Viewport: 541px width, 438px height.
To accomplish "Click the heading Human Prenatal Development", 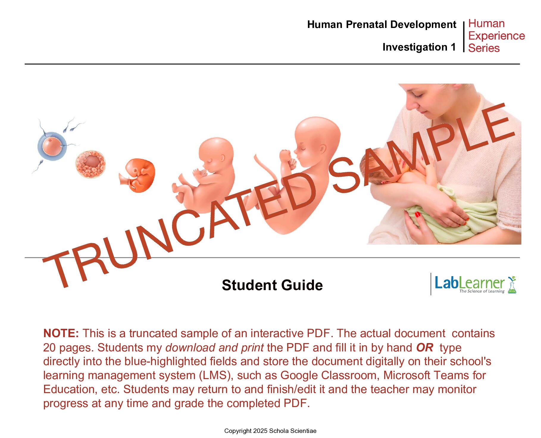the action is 381,24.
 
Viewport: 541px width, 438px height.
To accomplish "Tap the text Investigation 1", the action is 419,47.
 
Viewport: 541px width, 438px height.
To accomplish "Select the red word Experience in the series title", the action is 496,36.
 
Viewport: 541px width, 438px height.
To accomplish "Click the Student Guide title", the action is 272,285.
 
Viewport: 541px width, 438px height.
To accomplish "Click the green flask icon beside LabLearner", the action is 512,285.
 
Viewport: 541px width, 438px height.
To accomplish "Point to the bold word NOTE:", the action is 61,333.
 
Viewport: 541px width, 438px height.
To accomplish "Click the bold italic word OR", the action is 425,347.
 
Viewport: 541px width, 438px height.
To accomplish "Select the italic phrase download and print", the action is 215,347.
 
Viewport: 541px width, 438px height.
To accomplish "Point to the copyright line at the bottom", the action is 270,431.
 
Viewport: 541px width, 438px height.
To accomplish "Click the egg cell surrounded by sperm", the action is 51,146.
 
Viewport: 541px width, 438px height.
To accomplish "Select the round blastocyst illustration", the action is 90,164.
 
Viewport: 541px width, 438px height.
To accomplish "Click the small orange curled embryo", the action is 138,175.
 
